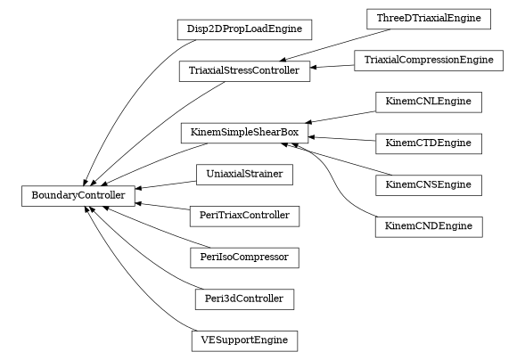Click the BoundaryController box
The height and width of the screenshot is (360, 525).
(78, 195)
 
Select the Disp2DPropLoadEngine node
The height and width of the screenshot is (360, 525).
(243, 29)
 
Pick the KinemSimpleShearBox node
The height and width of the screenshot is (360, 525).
(245, 134)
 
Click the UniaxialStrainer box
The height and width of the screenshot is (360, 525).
(244, 175)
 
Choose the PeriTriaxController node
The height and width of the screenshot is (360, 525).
(244, 216)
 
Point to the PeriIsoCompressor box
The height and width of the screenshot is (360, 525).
(244, 258)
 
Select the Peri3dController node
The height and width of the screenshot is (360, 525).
(244, 299)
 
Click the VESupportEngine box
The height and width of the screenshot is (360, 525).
(244, 340)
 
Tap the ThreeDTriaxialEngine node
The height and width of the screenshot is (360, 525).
(429, 19)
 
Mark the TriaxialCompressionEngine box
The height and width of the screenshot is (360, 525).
(429, 61)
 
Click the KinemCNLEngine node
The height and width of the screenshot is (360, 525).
(429, 102)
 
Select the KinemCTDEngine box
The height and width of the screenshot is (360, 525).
(429, 143)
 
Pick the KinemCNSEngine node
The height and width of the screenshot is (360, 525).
(429, 185)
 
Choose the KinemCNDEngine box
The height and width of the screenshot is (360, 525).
(429, 226)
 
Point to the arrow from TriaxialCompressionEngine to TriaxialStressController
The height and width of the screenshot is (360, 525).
(332, 66)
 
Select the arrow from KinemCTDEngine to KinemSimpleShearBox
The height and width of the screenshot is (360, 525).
(342, 139)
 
